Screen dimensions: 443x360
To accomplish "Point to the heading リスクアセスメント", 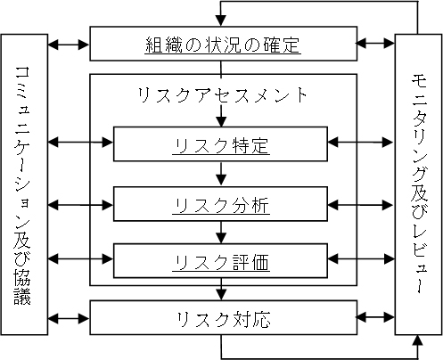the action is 222,95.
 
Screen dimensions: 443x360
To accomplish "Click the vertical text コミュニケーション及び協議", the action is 22,184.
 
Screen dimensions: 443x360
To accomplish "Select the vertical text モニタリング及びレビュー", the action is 419,184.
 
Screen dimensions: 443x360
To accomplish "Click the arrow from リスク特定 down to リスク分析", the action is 221,174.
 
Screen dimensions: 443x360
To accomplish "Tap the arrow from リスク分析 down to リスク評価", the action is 221,233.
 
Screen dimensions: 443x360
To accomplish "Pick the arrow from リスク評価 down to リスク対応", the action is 221,290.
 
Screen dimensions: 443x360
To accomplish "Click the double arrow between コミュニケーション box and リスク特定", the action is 80,143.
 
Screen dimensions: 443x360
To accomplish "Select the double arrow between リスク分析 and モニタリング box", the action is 361,205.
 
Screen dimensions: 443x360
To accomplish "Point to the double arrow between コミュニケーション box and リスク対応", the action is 69,319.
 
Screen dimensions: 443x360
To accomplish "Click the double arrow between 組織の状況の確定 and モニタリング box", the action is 375,43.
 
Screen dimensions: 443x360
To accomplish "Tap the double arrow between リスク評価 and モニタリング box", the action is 361,259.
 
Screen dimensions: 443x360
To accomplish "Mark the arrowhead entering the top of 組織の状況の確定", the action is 220,20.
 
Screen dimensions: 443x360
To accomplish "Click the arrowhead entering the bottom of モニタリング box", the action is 418,340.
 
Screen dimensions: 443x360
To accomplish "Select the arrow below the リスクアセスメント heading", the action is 221,116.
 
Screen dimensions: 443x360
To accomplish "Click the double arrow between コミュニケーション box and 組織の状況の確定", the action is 69,45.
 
